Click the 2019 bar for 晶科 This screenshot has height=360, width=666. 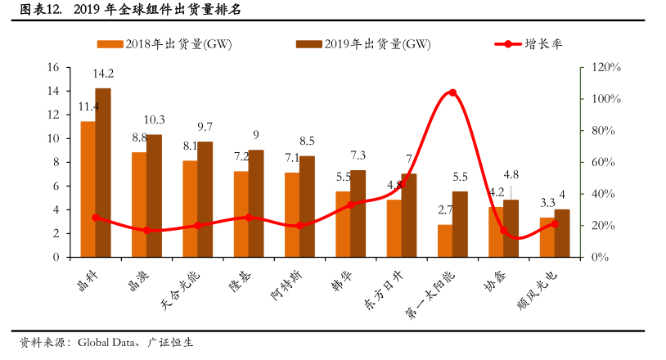point(103,172)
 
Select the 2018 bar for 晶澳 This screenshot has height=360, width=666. point(139,205)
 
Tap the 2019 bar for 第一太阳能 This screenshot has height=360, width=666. point(460,224)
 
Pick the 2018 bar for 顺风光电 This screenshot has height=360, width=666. point(547,237)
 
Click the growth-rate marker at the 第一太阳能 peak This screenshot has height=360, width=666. point(452,92)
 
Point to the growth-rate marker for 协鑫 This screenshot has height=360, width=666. point(504,231)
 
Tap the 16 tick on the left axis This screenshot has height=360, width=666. point(53,67)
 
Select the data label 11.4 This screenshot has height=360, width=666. point(88,106)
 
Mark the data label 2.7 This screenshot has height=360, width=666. point(444,210)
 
